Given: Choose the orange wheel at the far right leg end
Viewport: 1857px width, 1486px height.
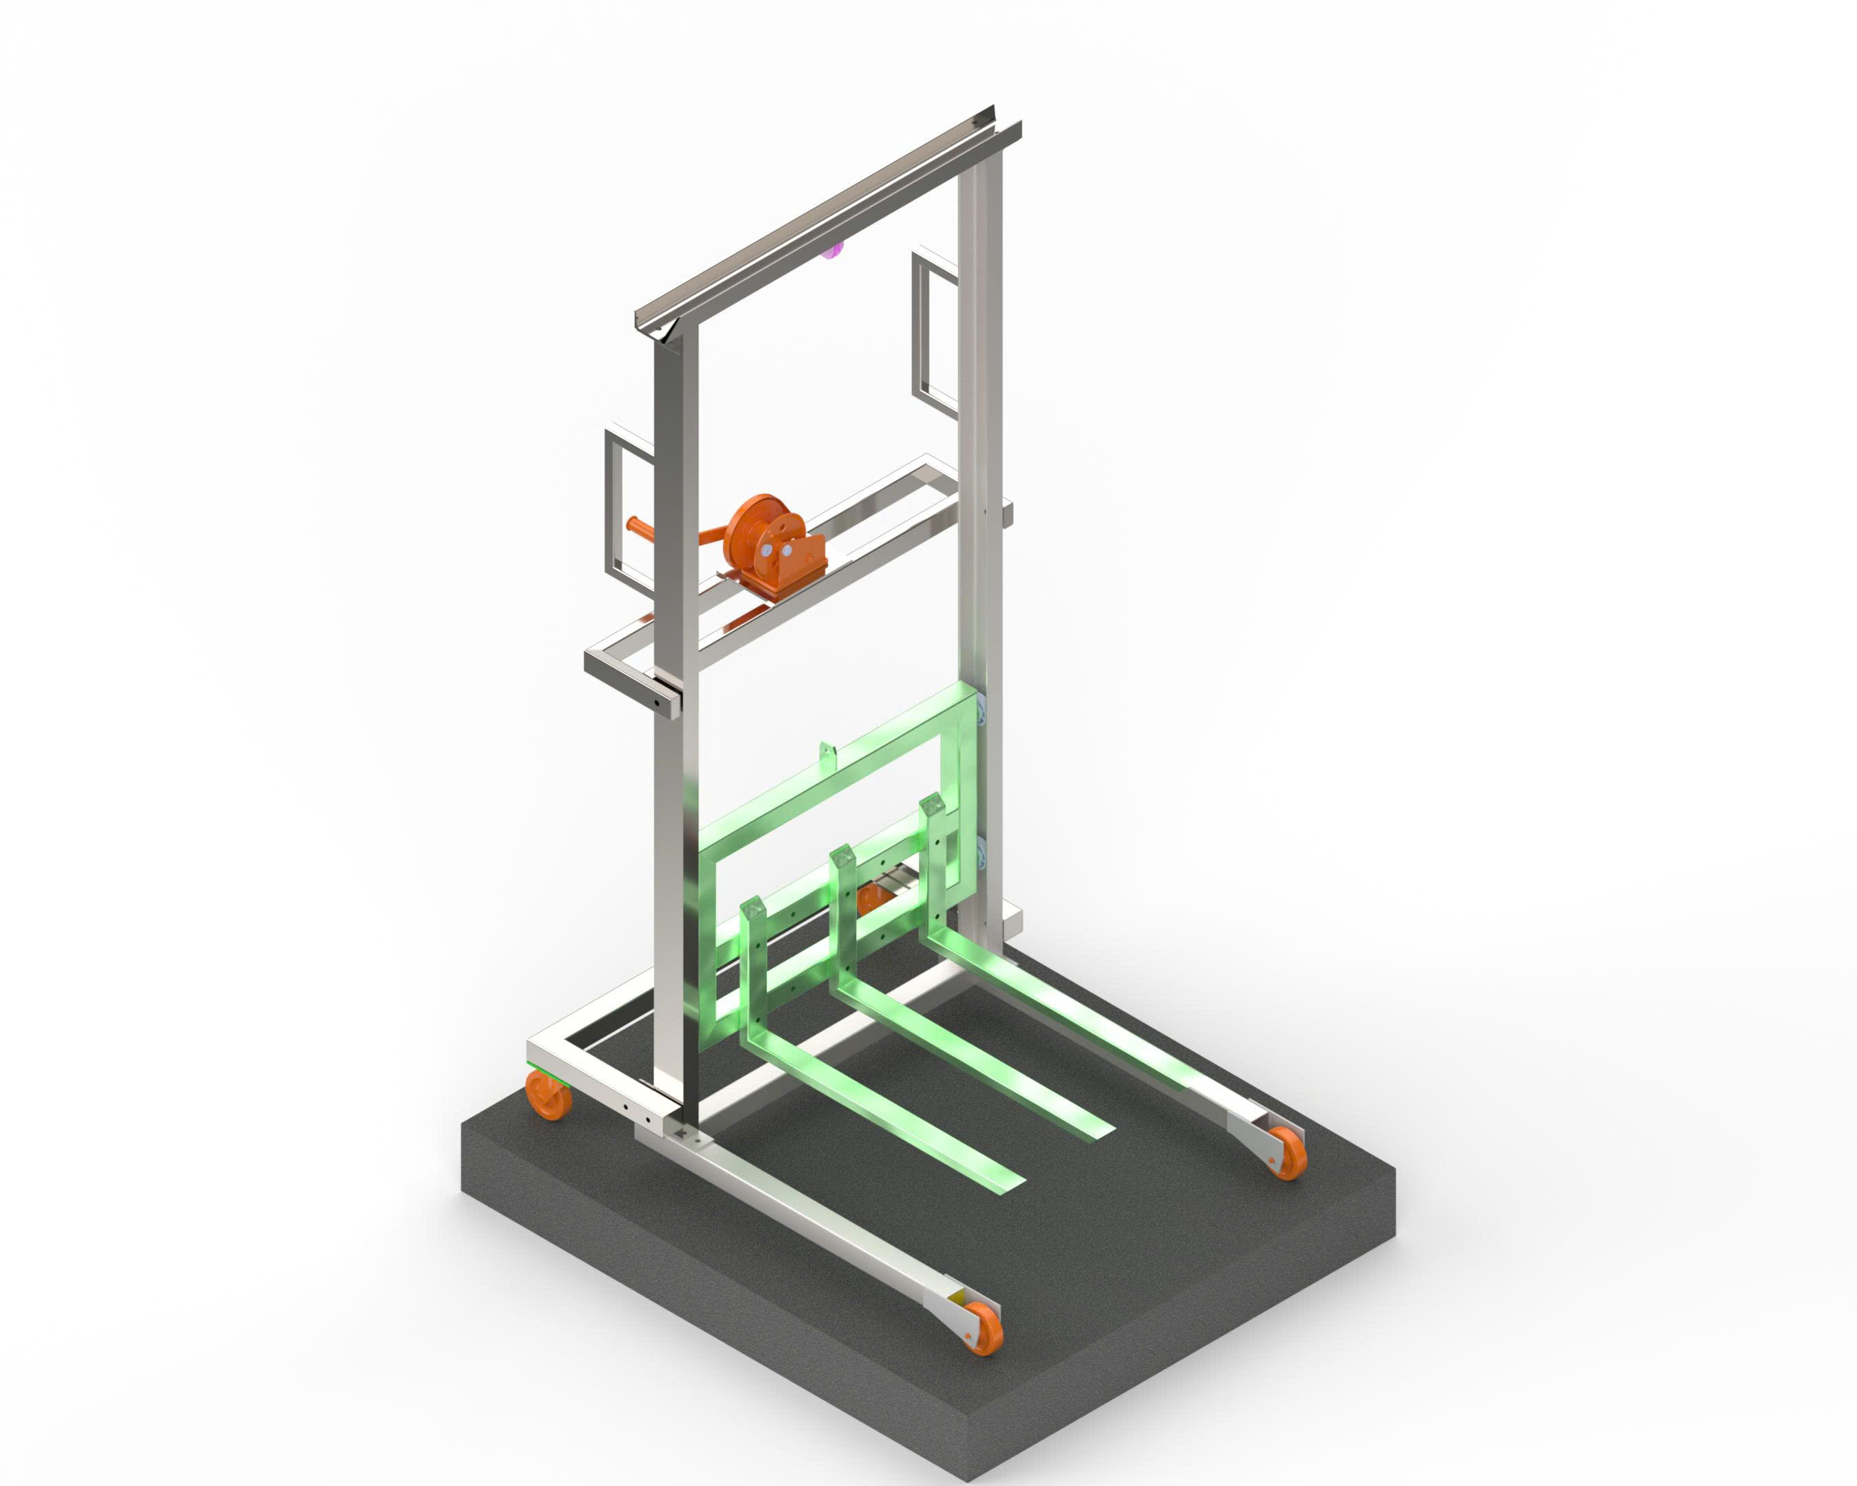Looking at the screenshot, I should tap(1286, 1151).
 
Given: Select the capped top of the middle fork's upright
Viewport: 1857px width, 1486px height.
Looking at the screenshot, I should tap(842, 857).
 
